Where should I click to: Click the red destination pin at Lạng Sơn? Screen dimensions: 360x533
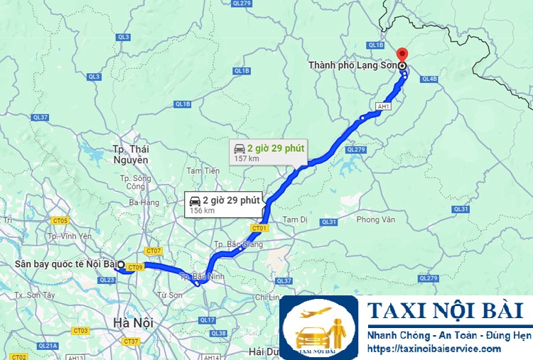pyautogui.click(x=402, y=54)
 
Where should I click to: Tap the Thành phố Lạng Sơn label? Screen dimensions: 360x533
pyautogui.click(x=352, y=65)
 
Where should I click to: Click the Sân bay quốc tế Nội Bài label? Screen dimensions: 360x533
pyautogui.click(x=65, y=265)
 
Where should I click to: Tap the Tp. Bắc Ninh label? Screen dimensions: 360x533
pyautogui.click(x=198, y=276)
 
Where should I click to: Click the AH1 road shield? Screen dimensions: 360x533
pyautogui.click(x=384, y=107)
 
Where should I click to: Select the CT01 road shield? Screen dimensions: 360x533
pyautogui.click(x=259, y=228)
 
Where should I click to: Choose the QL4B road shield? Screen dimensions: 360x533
pyautogui.click(x=430, y=79)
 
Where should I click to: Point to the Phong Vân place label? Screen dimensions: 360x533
pyautogui.click(x=375, y=220)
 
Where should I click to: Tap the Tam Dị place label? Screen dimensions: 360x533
pyautogui.click(x=295, y=219)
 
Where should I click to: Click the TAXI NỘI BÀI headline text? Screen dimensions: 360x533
pyautogui.click(x=446, y=311)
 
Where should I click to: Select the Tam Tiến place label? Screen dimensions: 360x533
pyautogui.click(x=203, y=170)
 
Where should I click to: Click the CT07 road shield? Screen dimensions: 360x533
pyautogui.click(x=154, y=251)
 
